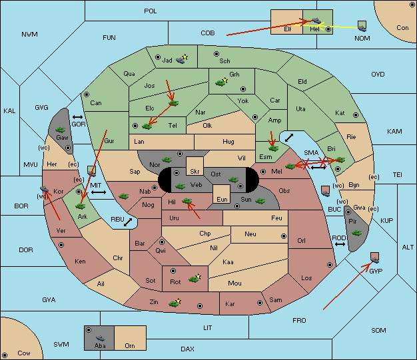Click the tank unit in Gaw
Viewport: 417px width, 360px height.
pos(61,130)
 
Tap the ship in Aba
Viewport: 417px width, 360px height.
pos(100,338)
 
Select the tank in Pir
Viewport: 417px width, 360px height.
pos(356,233)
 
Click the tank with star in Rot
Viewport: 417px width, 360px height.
pos(195,278)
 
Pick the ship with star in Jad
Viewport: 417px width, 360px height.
pos(182,59)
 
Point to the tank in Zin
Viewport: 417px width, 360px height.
pos(175,303)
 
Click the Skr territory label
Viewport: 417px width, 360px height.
pos(195,172)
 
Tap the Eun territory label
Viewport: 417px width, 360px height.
pos(222,199)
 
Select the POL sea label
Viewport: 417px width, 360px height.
pos(151,11)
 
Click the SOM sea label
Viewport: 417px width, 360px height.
pos(378,330)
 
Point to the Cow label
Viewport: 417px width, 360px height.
pos(24,353)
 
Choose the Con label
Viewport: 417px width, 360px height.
pos(402,28)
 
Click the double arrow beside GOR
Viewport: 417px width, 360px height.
pos(77,117)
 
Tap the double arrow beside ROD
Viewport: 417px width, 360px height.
pos(340,244)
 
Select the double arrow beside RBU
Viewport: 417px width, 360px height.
pos(128,222)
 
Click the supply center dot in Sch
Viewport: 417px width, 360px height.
pos(216,54)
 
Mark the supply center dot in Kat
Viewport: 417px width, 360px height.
pos(356,115)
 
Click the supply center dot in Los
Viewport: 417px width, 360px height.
pos(330,265)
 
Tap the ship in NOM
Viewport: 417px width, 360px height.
pos(362,27)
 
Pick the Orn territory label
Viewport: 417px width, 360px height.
pos(130,345)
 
